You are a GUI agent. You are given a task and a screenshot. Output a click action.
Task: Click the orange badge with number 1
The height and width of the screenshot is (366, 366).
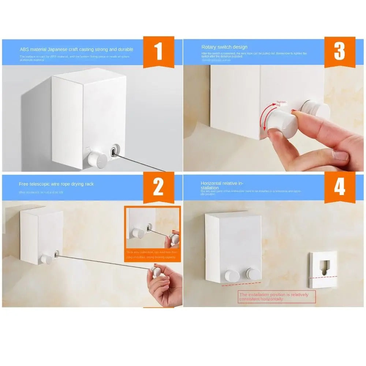(x=158, y=52)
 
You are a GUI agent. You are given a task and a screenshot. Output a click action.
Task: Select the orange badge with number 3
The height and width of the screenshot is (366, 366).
(x=339, y=52)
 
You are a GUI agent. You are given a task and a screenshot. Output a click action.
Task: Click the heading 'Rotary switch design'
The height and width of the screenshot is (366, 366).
(x=224, y=47)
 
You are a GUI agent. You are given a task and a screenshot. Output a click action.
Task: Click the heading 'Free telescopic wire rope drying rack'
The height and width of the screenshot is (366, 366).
(x=56, y=184)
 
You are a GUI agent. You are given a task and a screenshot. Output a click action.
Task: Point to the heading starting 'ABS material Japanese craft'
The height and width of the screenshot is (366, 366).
(x=76, y=49)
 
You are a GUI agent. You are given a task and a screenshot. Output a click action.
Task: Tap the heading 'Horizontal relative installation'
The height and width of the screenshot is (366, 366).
(x=222, y=185)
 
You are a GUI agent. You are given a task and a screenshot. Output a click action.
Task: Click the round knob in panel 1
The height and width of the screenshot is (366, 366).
(x=97, y=160)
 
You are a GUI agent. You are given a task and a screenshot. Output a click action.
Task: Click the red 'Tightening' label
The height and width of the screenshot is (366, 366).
(x=282, y=103)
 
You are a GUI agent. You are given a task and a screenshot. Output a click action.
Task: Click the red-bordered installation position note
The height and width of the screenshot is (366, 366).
(x=276, y=297)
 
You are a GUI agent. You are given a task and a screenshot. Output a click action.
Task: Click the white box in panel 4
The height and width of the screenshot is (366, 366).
(x=234, y=247)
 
